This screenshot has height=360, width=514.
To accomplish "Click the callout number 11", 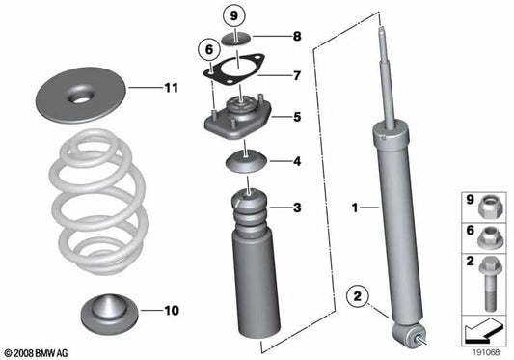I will (171, 88).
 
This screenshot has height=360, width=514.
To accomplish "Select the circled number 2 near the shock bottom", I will (359, 297).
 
